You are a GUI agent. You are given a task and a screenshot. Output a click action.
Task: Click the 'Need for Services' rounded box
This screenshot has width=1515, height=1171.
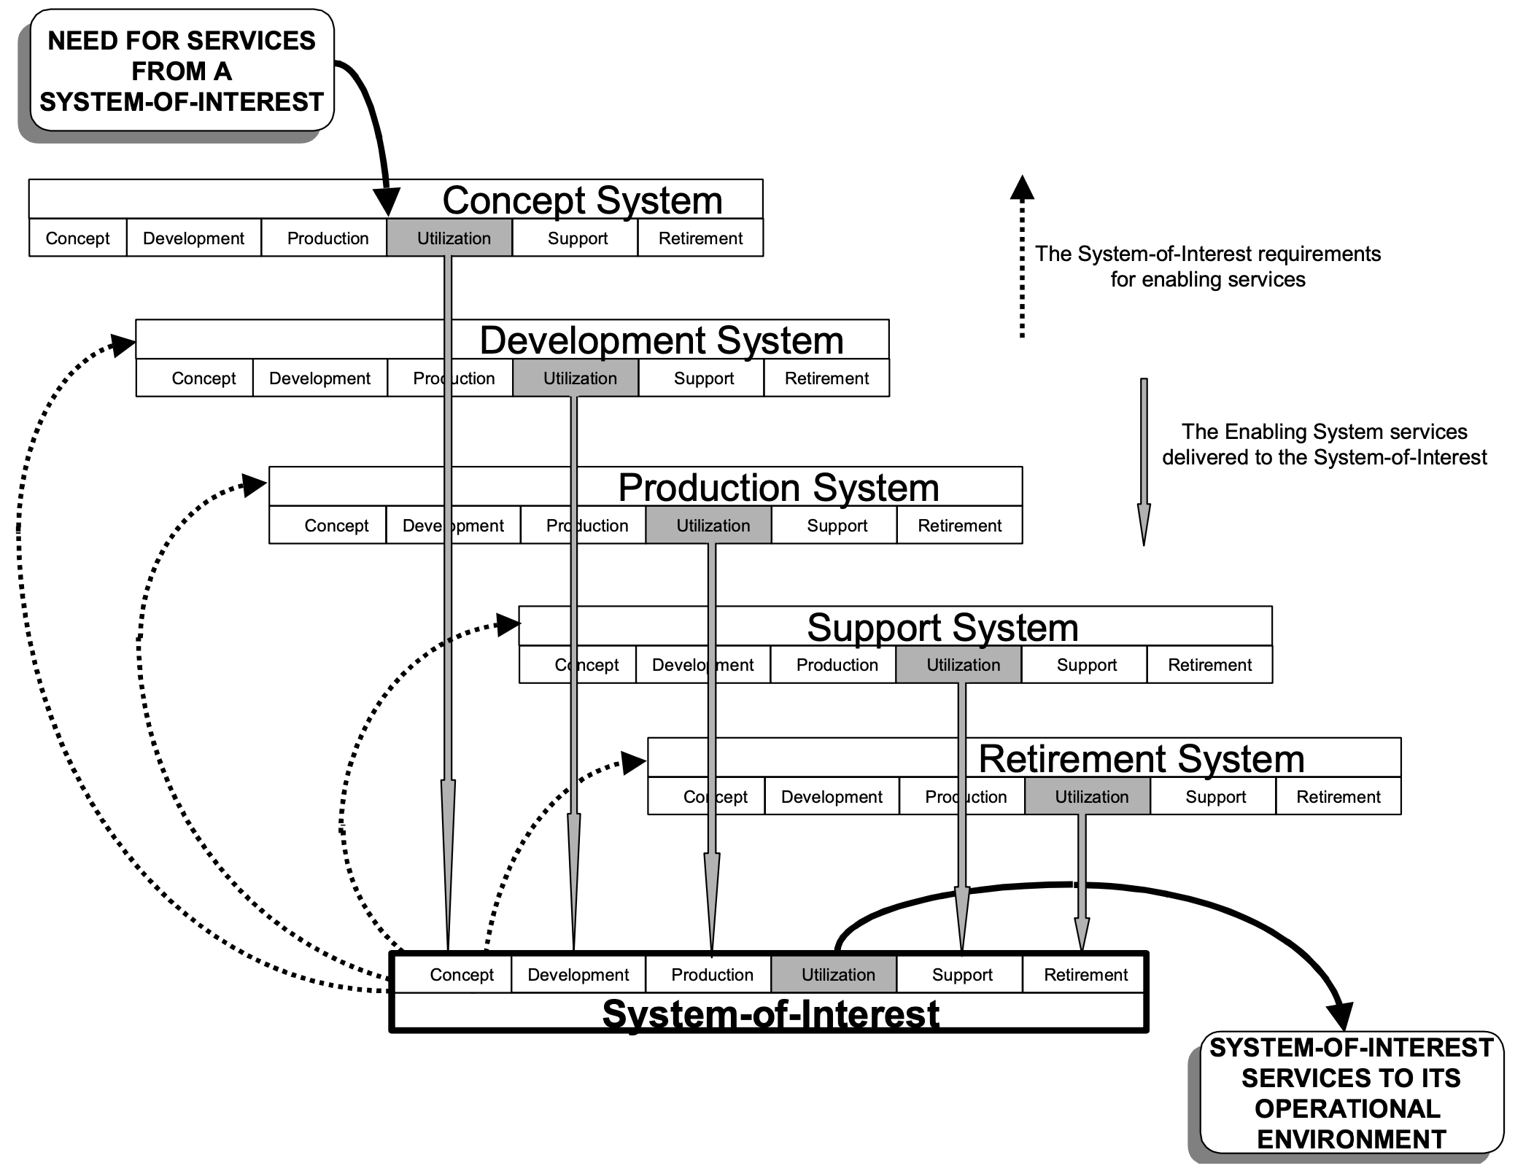coord(182,71)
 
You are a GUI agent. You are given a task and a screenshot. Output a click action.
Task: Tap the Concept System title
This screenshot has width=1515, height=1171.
coord(582,200)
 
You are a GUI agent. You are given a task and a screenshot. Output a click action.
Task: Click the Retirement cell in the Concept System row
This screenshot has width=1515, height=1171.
coord(700,238)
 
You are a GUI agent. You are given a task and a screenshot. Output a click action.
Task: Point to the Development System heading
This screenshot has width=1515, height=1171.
coord(662,340)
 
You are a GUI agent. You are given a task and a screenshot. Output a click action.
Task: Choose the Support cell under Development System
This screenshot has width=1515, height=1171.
coord(703,378)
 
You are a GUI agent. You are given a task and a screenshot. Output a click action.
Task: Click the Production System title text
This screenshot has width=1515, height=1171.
coord(778,487)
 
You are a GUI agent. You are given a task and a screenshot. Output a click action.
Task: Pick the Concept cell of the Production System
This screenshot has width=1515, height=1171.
coord(336,526)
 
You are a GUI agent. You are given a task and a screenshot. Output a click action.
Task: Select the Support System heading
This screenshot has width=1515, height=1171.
coord(942,627)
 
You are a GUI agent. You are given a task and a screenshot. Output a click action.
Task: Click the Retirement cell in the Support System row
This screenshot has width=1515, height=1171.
coord(1209,665)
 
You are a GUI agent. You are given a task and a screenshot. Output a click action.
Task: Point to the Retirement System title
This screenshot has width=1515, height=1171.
coord(1141,758)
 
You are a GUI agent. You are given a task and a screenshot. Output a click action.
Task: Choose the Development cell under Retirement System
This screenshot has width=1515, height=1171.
coord(832,797)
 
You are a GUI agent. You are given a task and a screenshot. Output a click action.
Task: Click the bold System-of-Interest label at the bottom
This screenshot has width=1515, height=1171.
coord(770,1014)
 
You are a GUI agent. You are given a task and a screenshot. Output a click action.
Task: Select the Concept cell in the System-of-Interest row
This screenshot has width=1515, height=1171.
coord(461,975)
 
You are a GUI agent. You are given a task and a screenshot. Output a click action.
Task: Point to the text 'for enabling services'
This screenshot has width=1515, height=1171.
coord(1208,279)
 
